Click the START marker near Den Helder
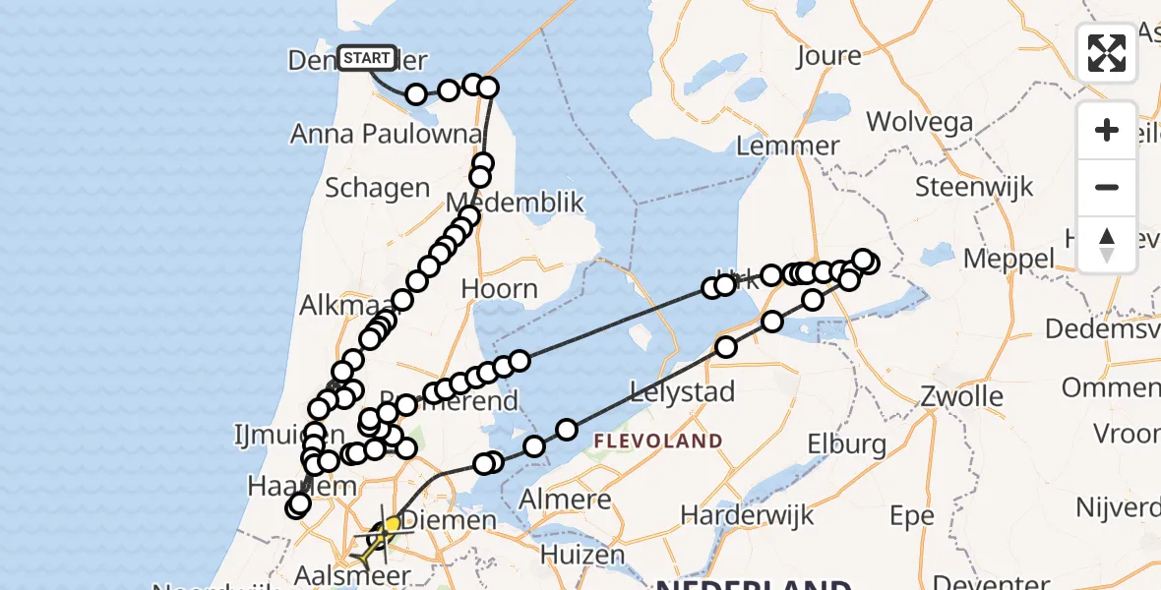(x=367, y=58)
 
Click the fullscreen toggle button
(x=1107, y=53)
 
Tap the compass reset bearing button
(x=1107, y=244)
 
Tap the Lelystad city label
(x=684, y=391)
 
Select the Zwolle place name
(x=961, y=397)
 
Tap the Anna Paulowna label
(x=387, y=134)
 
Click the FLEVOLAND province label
(x=659, y=441)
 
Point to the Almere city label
(x=566, y=500)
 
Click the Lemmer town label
(x=787, y=147)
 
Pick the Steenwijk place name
(x=974, y=186)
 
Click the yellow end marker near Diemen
(x=393, y=525)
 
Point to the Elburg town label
(x=847, y=444)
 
